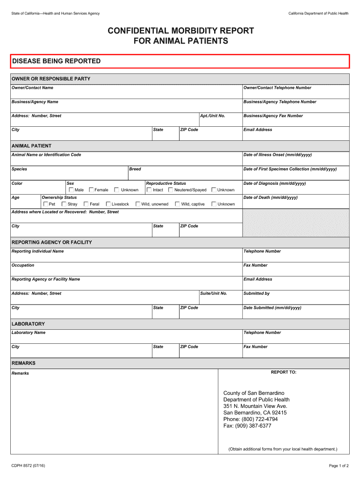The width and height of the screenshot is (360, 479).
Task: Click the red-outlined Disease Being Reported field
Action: (180, 61)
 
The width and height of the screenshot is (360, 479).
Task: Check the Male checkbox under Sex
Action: (72, 190)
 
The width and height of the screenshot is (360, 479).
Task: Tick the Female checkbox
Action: (91, 190)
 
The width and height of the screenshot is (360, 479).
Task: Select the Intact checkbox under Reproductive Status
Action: (149, 190)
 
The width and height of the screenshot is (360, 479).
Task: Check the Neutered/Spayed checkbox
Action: (171, 190)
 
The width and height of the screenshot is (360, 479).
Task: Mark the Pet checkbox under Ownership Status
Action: (45, 204)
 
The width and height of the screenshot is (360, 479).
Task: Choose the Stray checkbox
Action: (64, 204)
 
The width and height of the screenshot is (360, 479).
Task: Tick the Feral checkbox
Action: (86, 204)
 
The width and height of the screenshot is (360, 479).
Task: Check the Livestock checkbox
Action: (108, 204)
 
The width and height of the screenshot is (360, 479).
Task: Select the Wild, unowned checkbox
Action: (138, 204)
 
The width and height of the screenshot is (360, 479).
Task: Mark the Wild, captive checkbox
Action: (178, 204)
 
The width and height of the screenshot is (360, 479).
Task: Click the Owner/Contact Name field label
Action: (32, 88)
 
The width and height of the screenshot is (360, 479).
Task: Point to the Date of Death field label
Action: (271, 197)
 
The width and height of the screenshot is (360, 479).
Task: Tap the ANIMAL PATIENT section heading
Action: (31, 146)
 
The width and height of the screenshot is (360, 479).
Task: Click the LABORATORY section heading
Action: (28, 324)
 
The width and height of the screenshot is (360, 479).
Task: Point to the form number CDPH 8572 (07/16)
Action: (29, 466)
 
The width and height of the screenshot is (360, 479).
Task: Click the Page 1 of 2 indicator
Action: (339, 466)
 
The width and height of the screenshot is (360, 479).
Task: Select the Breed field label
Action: (135, 169)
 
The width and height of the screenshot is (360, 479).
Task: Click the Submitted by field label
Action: (257, 294)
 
